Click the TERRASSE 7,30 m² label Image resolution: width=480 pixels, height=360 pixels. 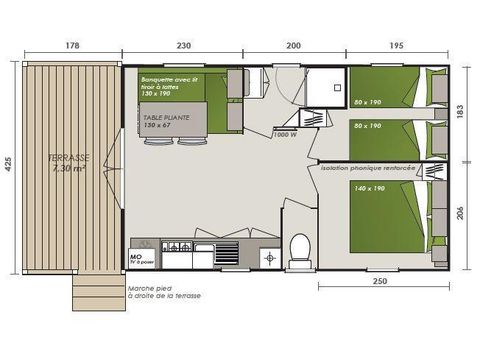(67, 162)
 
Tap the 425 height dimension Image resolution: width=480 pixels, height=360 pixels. (9, 167)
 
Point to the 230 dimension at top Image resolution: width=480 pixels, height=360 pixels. (184, 46)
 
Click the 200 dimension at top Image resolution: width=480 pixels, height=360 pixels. (293, 46)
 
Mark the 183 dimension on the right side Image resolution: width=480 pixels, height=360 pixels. (462, 112)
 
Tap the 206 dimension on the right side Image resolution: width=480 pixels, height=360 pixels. (462, 213)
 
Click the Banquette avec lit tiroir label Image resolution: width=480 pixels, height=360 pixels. (168, 84)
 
